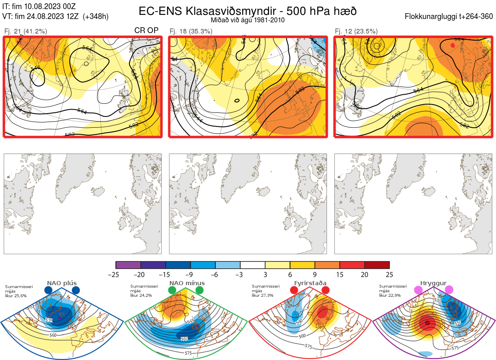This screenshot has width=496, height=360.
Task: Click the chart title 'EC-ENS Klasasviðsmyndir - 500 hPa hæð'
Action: pos(248,11)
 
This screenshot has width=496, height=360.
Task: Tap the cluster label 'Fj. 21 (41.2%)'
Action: pos(25,31)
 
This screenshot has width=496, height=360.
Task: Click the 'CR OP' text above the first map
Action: pos(146,31)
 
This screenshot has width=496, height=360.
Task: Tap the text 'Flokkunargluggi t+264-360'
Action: pos(450,17)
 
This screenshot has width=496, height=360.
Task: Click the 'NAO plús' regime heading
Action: pos(62,283)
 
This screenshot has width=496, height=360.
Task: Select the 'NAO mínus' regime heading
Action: pos(187,283)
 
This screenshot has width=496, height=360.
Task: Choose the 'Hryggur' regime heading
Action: pos(434,283)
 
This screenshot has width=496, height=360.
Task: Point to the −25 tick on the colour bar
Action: pos(116,274)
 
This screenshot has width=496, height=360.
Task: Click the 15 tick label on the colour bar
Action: pos(340,274)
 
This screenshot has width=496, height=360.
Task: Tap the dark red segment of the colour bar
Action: pos(377,265)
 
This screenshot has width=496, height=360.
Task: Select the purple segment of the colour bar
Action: pos(128,265)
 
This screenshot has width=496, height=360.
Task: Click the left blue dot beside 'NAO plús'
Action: pos(48,291)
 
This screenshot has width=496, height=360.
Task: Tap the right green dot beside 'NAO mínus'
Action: pos(200,291)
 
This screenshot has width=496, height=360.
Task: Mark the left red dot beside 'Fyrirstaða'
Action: pos(294,291)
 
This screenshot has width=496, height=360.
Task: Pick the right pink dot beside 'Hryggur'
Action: pos(449,291)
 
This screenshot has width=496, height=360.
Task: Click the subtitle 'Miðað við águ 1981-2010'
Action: pos(248,20)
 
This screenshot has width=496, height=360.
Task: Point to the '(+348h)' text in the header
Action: pos(95,17)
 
